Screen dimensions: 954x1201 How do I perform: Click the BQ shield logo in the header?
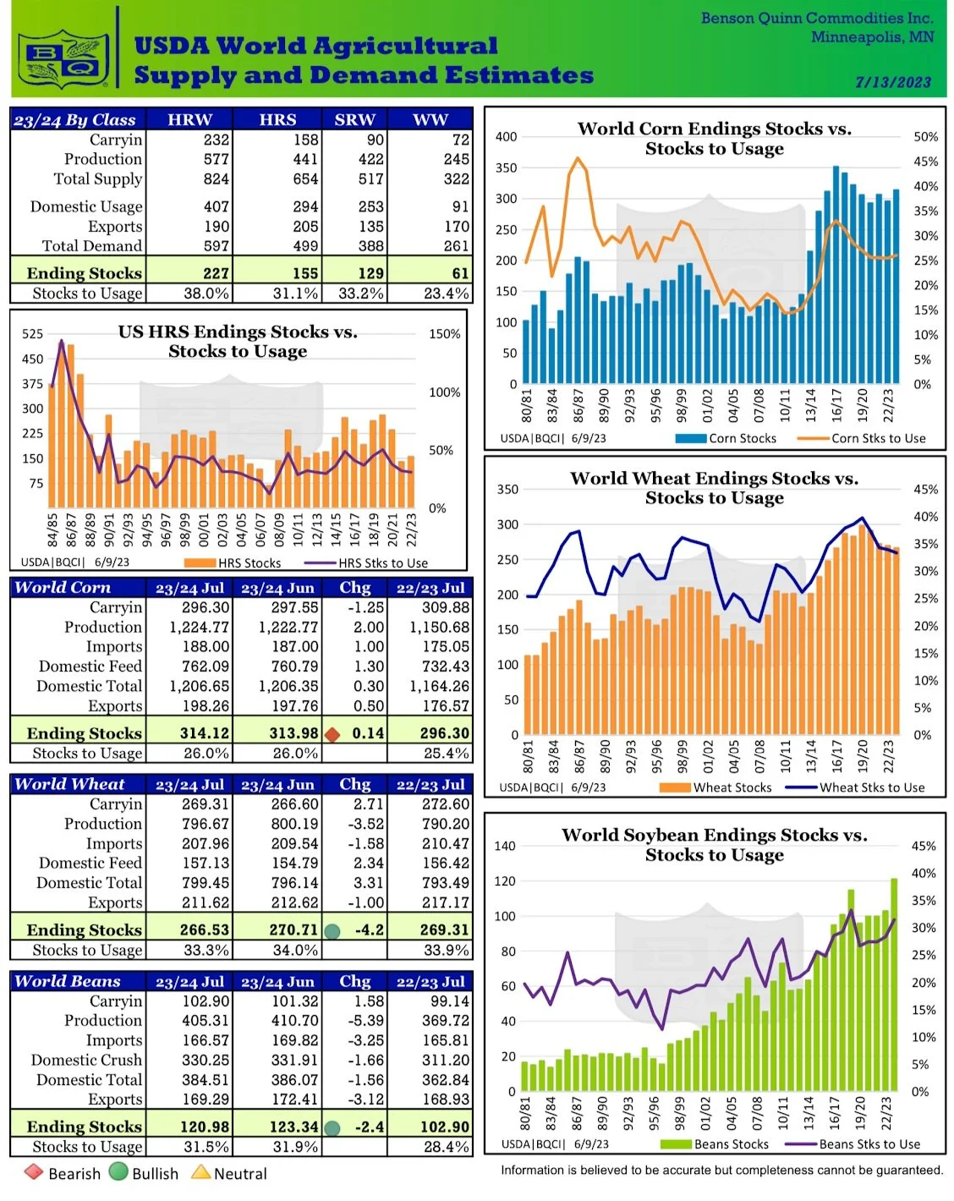[x=63, y=58]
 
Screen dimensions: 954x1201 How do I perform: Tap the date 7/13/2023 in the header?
[x=892, y=82]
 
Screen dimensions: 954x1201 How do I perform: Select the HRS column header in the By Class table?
[x=277, y=119]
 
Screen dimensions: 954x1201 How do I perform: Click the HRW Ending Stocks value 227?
[x=216, y=273]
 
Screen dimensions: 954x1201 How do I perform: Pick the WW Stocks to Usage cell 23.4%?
[x=446, y=293]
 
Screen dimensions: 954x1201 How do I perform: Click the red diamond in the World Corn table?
[x=332, y=734]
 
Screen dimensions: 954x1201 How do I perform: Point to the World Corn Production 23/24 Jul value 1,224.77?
[x=200, y=627]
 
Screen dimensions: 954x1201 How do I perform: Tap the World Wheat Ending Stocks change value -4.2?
[x=369, y=930]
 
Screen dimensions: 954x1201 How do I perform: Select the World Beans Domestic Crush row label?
[x=86, y=1060]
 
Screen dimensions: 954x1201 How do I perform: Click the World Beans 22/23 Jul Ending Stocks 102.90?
[x=444, y=1127]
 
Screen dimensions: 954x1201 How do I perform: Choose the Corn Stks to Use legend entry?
[x=861, y=438]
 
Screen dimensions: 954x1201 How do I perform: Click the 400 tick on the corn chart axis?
[x=506, y=137]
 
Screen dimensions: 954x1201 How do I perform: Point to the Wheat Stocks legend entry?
[x=715, y=787]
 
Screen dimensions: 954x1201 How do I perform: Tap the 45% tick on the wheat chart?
[x=925, y=490]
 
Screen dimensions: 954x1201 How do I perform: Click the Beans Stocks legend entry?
[x=714, y=1144]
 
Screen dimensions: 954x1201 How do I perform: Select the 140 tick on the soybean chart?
[x=505, y=846]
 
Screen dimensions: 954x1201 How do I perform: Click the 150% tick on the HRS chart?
[x=444, y=334]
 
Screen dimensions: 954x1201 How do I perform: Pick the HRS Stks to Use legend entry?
[x=366, y=563]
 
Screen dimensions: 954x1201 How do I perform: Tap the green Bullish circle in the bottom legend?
[x=118, y=1171]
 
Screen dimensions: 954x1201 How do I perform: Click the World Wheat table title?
[x=70, y=783]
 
